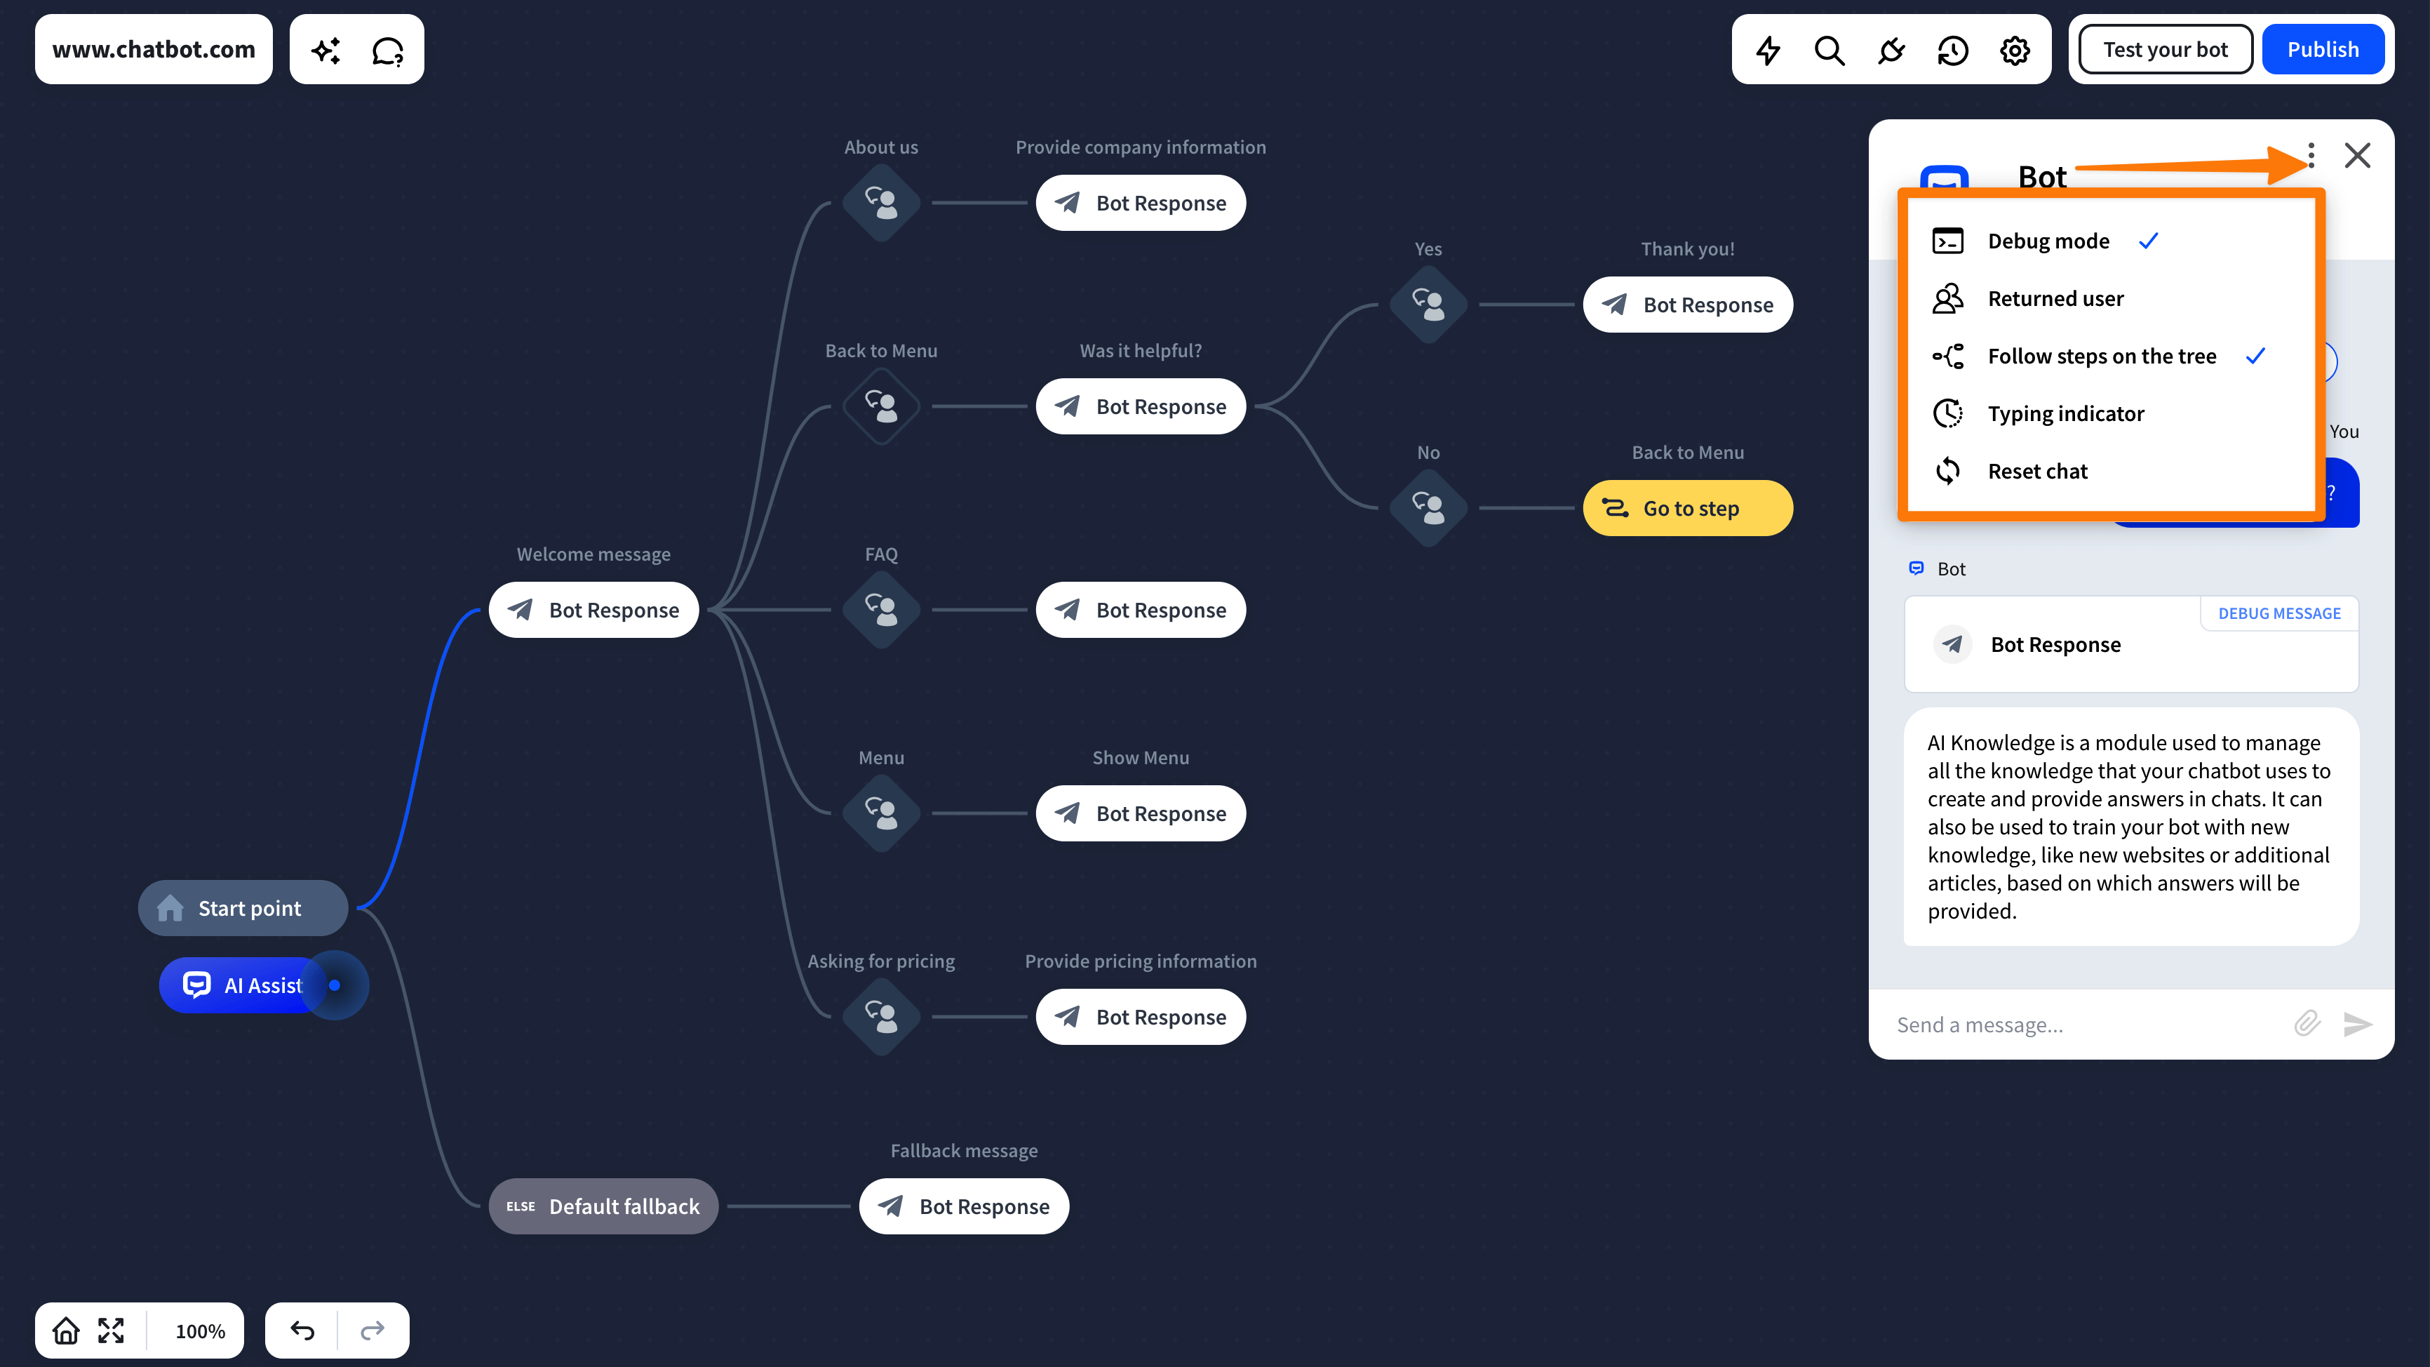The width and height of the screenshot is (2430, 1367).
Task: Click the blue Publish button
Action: (x=2323, y=49)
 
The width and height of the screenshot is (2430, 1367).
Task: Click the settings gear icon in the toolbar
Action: (x=2014, y=50)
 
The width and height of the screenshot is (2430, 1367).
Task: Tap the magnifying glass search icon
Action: (x=1829, y=50)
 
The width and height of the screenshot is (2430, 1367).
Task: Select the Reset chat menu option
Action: (x=2038, y=471)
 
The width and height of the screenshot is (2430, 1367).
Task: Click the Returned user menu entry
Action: (x=2055, y=298)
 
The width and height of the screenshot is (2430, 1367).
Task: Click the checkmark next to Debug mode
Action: (x=2149, y=241)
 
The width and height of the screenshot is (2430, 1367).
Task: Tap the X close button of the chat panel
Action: (x=2357, y=156)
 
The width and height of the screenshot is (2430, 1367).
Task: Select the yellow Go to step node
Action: (x=1688, y=509)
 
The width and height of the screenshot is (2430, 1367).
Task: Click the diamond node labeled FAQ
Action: (x=881, y=609)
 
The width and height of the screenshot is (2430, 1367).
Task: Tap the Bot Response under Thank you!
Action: (x=1688, y=305)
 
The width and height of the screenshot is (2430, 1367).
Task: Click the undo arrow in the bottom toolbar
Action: (x=302, y=1331)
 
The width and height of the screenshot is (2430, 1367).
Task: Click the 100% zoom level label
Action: (x=200, y=1331)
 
